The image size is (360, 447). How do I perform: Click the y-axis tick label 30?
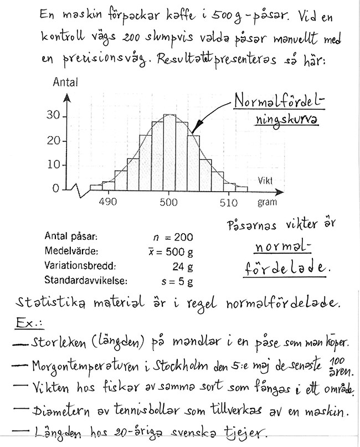point(53,116)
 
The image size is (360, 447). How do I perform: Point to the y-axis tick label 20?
point(53,141)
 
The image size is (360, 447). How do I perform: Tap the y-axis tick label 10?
point(53,165)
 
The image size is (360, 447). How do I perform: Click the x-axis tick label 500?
point(168,202)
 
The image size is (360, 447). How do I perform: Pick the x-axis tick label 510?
point(229,202)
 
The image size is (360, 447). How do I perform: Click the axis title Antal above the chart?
point(65,83)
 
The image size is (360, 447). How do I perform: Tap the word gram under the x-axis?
point(267,202)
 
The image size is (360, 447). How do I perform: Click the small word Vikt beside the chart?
point(266,181)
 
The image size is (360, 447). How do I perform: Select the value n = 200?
point(173,238)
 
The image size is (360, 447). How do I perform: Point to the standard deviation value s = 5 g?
point(173,281)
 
